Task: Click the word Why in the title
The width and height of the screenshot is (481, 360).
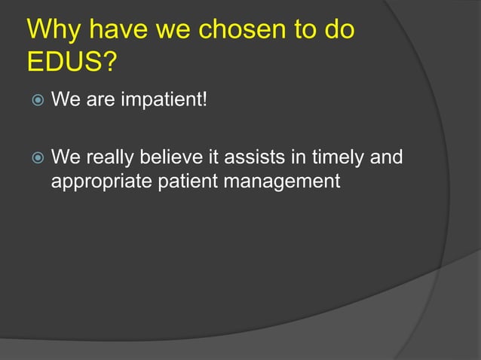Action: click(55, 31)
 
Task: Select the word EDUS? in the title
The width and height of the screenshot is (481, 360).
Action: click(72, 63)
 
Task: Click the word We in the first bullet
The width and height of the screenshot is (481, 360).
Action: click(63, 100)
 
